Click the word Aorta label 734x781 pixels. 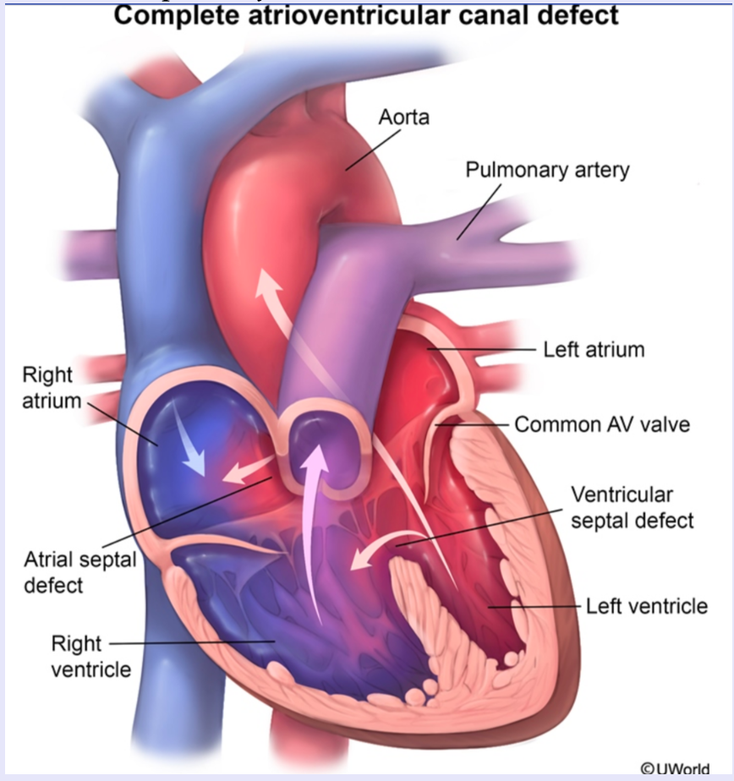click(x=404, y=117)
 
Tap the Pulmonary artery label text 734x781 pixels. click(x=547, y=170)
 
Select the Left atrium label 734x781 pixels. click(x=594, y=348)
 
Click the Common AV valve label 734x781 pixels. click(x=602, y=423)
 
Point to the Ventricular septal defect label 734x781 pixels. click(x=633, y=506)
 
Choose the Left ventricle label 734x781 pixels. click(x=647, y=605)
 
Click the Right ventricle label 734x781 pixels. click(x=91, y=657)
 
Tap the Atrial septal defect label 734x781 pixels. click(x=79, y=572)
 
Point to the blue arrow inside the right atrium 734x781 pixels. click(x=191, y=439)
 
